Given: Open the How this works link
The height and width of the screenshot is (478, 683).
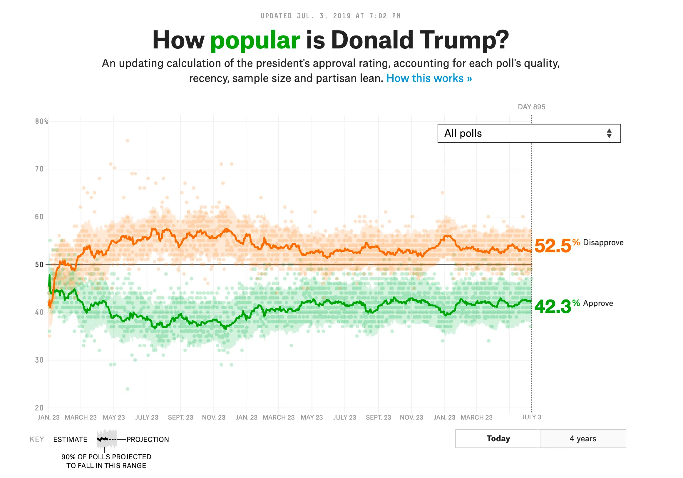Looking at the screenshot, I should tap(429, 78).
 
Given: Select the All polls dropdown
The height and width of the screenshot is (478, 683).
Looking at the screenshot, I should tap(529, 133).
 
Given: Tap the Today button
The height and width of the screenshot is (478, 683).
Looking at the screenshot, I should tap(498, 438).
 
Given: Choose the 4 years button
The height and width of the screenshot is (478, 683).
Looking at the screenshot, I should tap(582, 438).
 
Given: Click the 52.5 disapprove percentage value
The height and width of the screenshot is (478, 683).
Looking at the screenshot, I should tap(553, 246).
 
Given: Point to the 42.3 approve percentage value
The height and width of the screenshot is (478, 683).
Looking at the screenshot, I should tap(553, 307).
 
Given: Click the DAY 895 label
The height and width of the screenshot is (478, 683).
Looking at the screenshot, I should tap(531, 107).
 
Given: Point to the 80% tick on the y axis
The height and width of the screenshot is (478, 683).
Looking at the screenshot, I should tap(41, 121).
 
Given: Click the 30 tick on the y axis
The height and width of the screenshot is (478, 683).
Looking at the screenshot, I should tap(39, 360).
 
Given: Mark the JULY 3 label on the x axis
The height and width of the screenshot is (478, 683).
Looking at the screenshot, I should tap(531, 417).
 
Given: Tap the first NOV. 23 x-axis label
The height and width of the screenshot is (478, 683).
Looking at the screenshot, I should tap(214, 417).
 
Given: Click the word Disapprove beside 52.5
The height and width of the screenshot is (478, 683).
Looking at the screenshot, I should tap(603, 243).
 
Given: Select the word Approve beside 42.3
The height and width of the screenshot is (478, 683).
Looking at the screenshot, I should tap(598, 303).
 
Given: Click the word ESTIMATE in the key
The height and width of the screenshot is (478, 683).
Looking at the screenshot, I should tap(70, 439).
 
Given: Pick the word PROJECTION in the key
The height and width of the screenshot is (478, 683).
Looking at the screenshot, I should tap(148, 439).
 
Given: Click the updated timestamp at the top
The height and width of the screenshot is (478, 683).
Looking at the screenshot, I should tap(330, 16).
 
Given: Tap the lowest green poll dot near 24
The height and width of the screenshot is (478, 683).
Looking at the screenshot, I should tap(128, 389).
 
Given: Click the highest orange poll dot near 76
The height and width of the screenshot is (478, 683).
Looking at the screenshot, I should tap(128, 141).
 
